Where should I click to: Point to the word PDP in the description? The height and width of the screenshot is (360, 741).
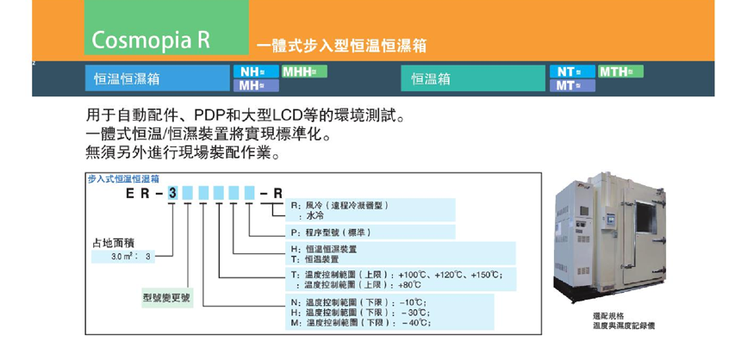209,115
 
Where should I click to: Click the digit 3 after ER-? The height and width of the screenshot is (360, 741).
172,195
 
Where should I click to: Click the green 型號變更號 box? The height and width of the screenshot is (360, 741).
168,298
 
